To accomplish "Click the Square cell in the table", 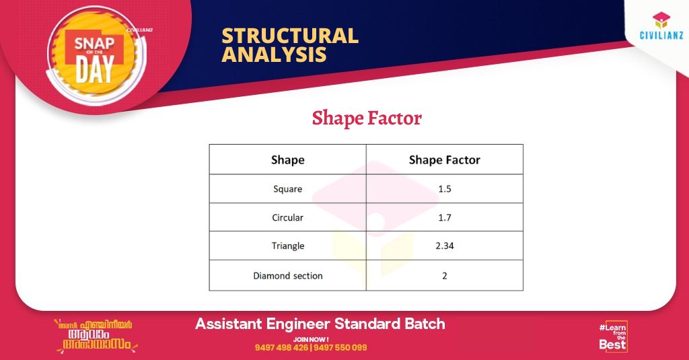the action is pyautogui.click(x=288, y=189).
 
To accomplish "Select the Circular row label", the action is pyautogui.click(x=288, y=217).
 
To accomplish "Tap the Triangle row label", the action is pyautogui.click(x=288, y=246).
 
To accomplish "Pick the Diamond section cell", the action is pyautogui.click(x=288, y=276).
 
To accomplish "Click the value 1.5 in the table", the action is pyautogui.click(x=445, y=189).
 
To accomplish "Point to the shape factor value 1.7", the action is pyautogui.click(x=445, y=217).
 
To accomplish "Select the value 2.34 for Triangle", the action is pyautogui.click(x=445, y=246).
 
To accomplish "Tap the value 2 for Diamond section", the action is pyautogui.click(x=445, y=276).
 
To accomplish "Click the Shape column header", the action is pyautogui.click(x=288, y=160).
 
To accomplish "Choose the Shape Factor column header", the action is pyautogui.click(x=445, y=160).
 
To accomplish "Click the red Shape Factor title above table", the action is pyautogui.click(x=367, y=118).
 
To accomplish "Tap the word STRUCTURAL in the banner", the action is pyautogui.click(x=290, y=36).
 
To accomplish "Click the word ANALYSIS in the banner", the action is pyautogui.click(x=275, y=55).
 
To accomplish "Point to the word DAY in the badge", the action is pyautogui.click(x=94, y=69).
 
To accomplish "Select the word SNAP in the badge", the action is pyautogui.click(x=94, y=44).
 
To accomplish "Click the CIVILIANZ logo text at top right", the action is pyautogui.click(x=661, y=35).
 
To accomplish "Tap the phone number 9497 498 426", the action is pyautogui.click(x=281, y=348).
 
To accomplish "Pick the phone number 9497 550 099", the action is pyautogui.click(x=340, y=348).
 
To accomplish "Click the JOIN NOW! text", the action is pyautogui.click(x=311, y=339).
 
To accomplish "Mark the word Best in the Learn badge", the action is pyautogui.click(x=612, y=345).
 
